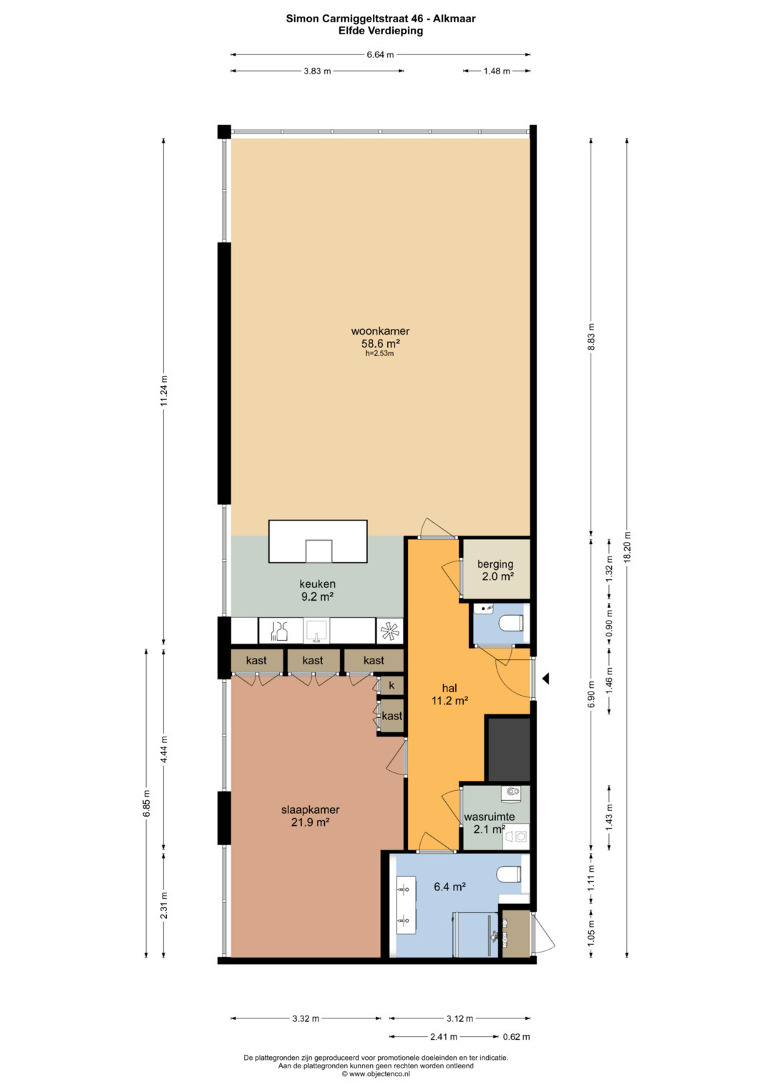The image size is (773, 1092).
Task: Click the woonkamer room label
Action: pos(380,331)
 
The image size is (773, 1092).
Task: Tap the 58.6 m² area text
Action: pos(381,343)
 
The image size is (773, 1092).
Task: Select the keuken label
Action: pos(317,584)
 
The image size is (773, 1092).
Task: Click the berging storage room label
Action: pos(495,564)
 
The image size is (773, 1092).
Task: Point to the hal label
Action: pos(449,689)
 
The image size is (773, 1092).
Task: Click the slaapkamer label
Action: pos(311,810)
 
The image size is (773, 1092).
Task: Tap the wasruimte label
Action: pos(490,817)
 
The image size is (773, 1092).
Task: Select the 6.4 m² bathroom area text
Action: pos(449,887)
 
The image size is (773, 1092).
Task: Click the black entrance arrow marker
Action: pos(546,678)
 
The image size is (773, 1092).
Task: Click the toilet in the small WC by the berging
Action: pos(512,623)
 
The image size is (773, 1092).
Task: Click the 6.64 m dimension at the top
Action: pos(380,54)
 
